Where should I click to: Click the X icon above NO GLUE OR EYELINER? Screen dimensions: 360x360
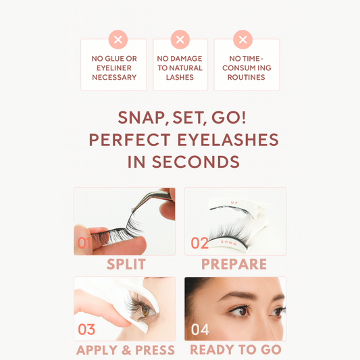click(118, 39)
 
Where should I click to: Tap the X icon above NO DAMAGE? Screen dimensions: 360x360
click(180, 39)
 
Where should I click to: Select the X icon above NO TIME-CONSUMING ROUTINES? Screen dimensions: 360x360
click(242, 39)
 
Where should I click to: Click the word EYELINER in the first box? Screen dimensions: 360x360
click(114, 68)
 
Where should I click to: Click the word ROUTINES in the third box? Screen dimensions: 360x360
click(246, 78)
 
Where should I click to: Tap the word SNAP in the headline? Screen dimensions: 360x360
click(143, 118)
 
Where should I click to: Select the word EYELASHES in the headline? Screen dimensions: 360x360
click(228, 140)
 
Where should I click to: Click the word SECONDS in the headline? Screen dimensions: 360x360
click(196, 162)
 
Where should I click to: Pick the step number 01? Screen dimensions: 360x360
click(84, 243)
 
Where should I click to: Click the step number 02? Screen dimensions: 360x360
click(199, 243)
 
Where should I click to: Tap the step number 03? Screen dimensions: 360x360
click(86, 330)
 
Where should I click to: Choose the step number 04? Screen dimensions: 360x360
click(200, 330)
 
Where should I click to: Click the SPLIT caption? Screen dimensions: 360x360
click(126, 264)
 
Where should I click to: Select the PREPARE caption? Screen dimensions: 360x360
click(234, 264)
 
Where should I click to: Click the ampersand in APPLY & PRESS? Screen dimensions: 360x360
click(126, 350)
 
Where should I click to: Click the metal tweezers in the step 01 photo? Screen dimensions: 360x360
click(151, 199)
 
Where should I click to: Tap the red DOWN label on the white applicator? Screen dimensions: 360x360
click(228, 242)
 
